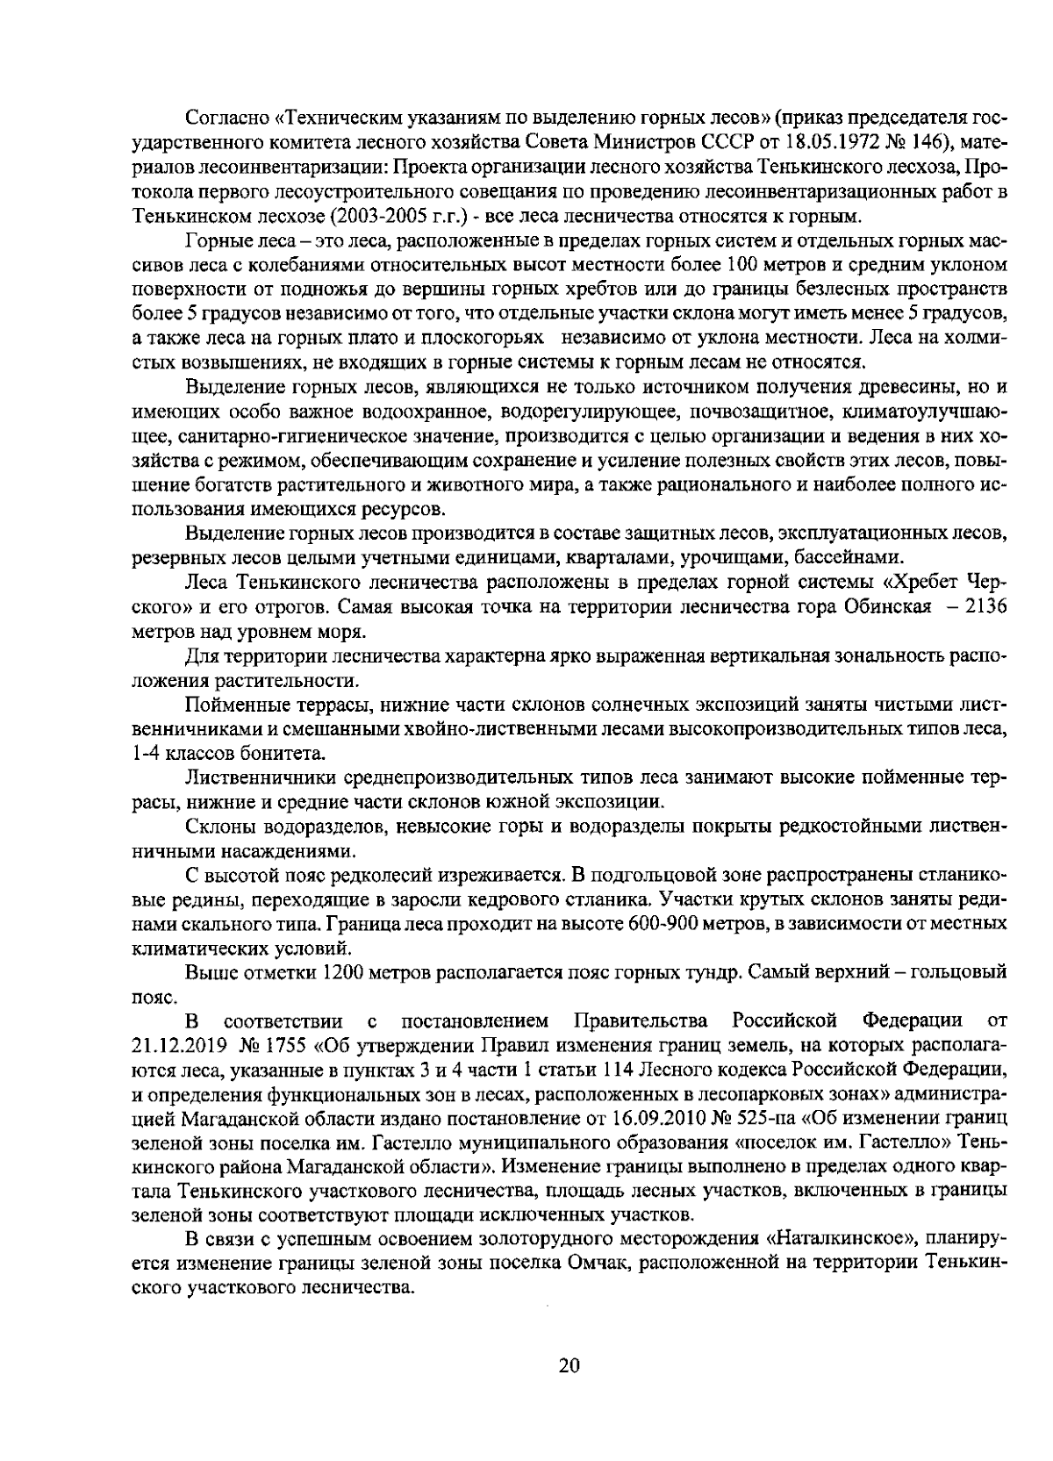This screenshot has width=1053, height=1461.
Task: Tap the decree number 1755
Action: [x=285, y=1045]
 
